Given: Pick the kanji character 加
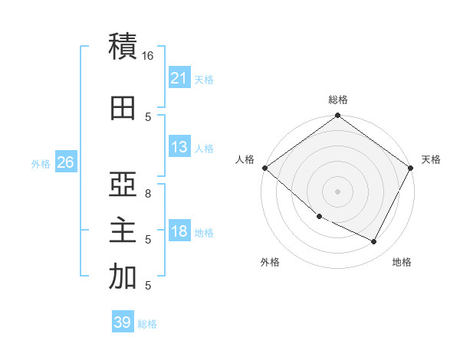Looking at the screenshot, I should click(x=123, y=277).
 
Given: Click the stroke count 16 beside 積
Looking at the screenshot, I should click(x=148, y=56).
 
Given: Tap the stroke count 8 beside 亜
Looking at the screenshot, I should click(x=148, y=194).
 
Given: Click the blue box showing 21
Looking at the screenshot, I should click(x=179, y=78).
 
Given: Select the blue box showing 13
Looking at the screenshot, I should click(x=179, y=147).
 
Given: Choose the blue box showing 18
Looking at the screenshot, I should click(x=179, y=232).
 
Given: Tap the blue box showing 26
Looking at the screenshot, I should click(x=65, y=162).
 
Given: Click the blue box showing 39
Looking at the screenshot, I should click(x=123, y=322).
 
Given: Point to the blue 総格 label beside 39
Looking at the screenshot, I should click(x=147, y=324).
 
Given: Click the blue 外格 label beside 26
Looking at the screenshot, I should click(x=41, y=163).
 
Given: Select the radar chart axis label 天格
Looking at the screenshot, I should click(x=431, y=159).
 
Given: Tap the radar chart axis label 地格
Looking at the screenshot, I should click(x=402, y=262).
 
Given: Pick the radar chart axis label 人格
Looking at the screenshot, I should click(x=245, y=159).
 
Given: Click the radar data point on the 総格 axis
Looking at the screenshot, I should click(x=337, y=116).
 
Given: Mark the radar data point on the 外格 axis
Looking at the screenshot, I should click(x=319, y=217).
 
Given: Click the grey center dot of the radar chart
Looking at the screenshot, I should click(x=337, y=191).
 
